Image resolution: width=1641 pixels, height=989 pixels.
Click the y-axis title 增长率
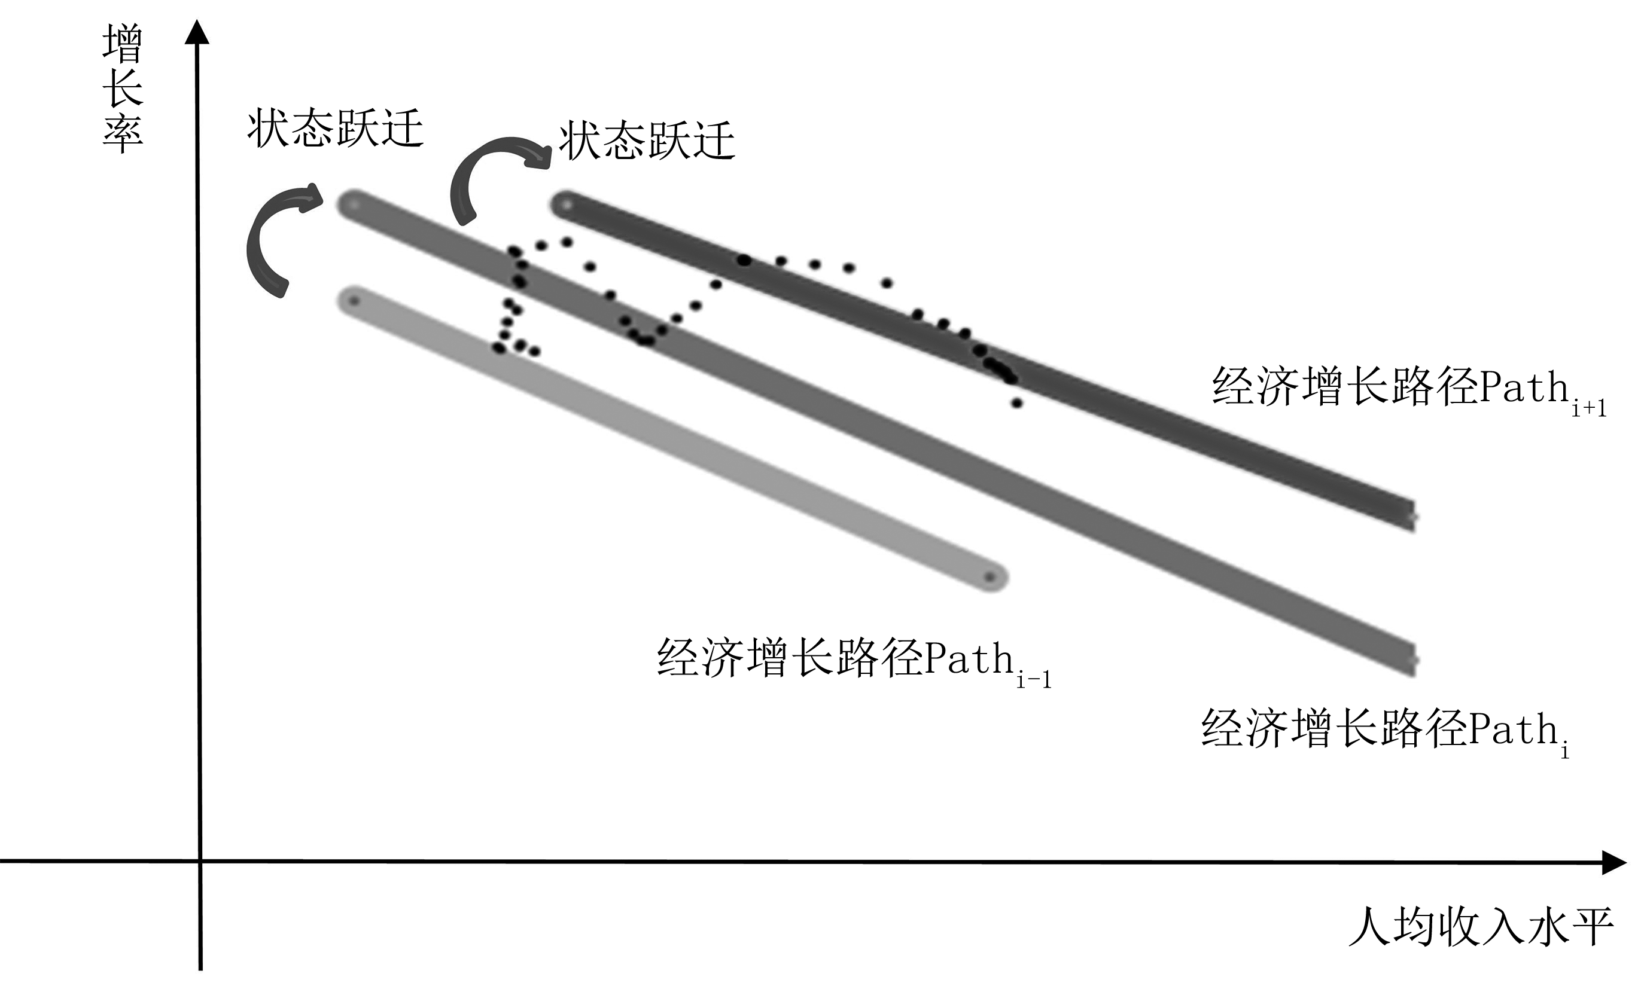pyautogui.click(x=123, y=88)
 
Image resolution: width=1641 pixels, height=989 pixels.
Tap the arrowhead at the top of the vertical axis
pyautogui.click(x=196, y=31)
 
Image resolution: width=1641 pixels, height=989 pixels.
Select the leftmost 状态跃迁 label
pyautogui.click(x=335, y=129)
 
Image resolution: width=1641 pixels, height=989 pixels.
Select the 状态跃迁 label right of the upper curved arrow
pyautogui.click(x=646, y=141)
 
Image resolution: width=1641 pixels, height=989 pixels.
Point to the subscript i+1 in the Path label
pyautogui.click(x=1589, y=408)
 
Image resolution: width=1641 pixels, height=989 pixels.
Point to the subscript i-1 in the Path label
pyautogui.click(x=1034, y=679)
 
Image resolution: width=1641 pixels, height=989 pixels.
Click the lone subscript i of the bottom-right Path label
pyautogui.click(x=1564, y=752)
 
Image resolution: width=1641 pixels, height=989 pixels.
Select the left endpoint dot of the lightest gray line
pyautogui.click(x=354, y=301)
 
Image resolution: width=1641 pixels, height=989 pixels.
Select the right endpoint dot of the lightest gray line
pyautogui.click(x=990, y=577)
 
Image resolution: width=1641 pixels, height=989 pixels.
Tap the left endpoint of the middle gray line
pyautogui.click(x=354, y=204)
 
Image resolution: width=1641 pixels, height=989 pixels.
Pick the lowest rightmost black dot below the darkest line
pyautogui.click(x=1016, y=402)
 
